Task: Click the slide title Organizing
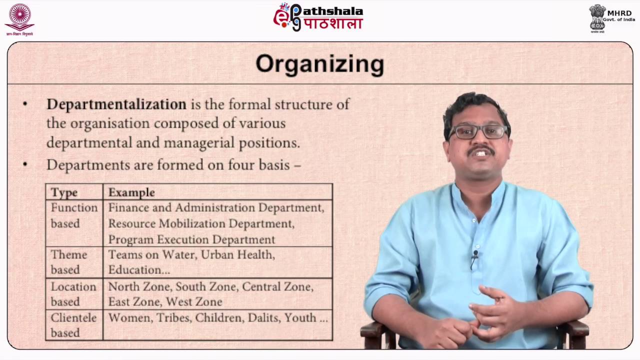(319, 64)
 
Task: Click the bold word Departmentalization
(116, 104)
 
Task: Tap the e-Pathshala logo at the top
(318, 17)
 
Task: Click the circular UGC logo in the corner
(19, 18)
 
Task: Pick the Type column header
(64, 192)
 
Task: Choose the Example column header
(131, 192)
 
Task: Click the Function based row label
(74, 215)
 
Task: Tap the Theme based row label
(69, 262)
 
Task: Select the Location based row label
(73, 294)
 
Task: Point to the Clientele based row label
(73, 325)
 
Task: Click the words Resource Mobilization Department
(201, 223)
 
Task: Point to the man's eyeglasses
(477, 131)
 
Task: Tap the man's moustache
(481, 149)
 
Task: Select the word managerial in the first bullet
(192, 142)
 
